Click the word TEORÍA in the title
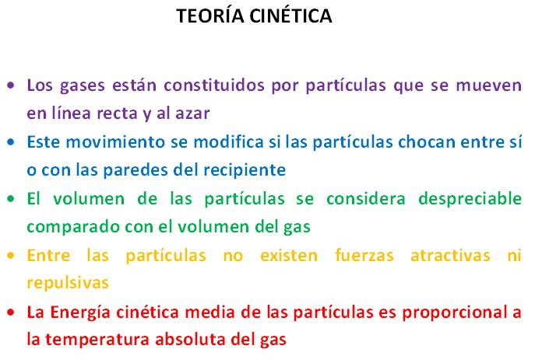(210, 15)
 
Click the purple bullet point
(11, 86)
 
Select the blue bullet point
(11, 142)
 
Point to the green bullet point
(11, 198)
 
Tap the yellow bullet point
(11, 255)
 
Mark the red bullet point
(11, 312)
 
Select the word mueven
(488, 86)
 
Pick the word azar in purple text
(192, 113)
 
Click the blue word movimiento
(115, 141)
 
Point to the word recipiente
(245, 170)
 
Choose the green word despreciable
(470, 198)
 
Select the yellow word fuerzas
(364, 255)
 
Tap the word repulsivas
(68, 283)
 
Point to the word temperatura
(98, 340)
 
